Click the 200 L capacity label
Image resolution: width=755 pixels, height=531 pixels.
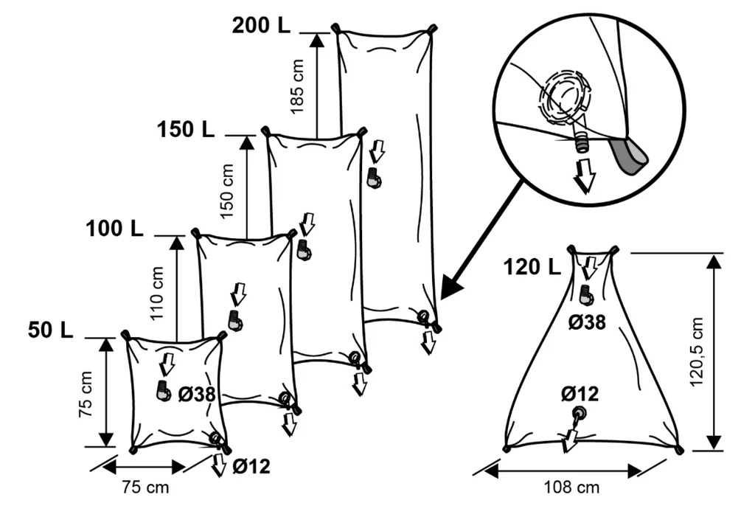[x=261, y=24]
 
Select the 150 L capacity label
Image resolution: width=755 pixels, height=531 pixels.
[x=185, y=129]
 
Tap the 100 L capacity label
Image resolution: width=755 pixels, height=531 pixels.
[x=115, y=229]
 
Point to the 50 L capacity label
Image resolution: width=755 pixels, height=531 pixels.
[x=51, y=330]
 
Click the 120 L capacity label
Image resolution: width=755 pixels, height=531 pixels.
[x=532, y=266]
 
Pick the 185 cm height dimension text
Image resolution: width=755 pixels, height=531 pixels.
[x=297, y=86]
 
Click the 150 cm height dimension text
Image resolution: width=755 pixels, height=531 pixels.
[x=228, y=190]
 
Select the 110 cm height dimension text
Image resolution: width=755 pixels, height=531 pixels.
[x=158, y=292]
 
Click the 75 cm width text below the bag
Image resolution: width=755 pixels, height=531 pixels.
[x=145, y=487]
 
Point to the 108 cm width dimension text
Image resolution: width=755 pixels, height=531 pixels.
[x=571, y=487]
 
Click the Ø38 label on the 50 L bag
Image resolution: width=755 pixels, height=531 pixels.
[x=196, y=394]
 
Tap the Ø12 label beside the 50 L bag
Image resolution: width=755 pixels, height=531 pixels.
[x=251, y=466]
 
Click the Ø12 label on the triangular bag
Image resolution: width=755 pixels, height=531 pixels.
[x=580, y=393]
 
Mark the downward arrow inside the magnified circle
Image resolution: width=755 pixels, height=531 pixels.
[x=585, y=176]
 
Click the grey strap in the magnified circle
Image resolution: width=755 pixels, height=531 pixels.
[x=628, y=156]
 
